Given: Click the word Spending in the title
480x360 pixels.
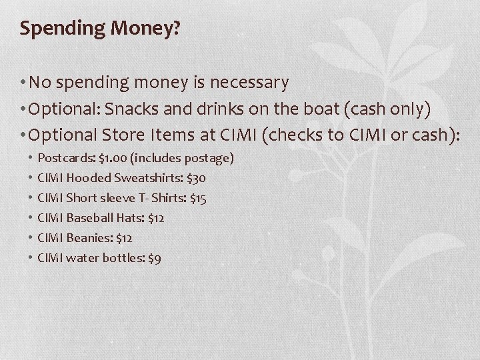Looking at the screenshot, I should click(56, 29).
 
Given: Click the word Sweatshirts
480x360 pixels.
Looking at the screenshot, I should click(147, 179).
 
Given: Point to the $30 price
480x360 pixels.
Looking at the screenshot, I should click(197, 179).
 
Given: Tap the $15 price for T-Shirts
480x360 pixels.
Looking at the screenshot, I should click(198, 199).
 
